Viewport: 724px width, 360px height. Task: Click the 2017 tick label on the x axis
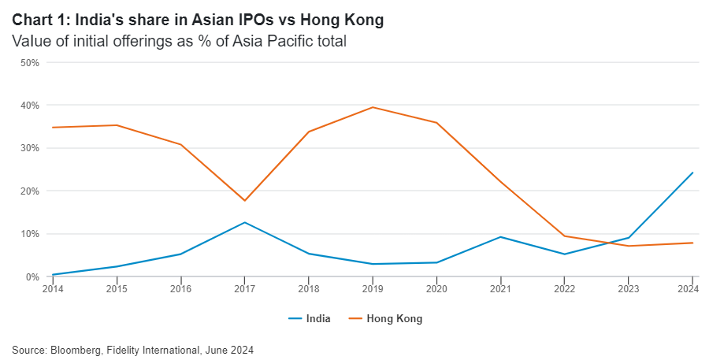click(244, 290)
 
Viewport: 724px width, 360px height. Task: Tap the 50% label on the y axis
click(29, 62)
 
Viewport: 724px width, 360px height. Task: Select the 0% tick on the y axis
click(32, 276)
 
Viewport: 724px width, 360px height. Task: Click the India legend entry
click(310, 319)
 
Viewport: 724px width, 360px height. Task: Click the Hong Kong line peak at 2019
click(372, 107)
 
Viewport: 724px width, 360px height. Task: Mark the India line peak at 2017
click(244, 222)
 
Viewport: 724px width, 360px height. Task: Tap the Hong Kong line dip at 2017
click(244, 201)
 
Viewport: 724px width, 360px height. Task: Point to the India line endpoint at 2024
click(692, 173)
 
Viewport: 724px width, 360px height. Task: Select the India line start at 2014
click(53, 275)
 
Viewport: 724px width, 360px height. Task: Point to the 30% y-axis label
click(29, 148)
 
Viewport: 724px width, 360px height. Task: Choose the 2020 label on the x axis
click(436, 290)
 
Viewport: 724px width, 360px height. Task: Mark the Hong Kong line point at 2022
click(563, 236)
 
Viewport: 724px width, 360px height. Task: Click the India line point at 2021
click(499, 237)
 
